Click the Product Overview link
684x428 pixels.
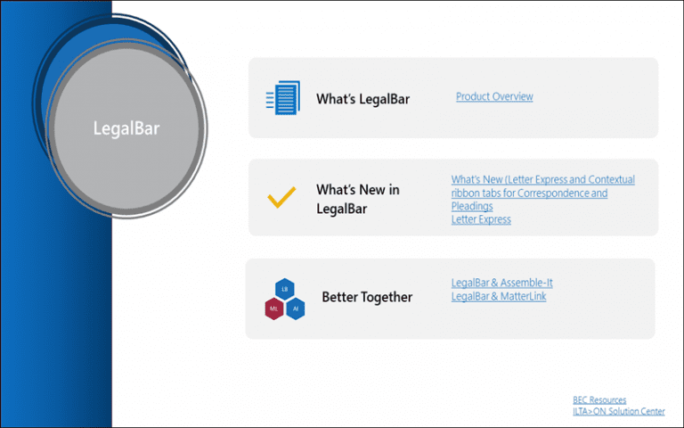coord(494,96)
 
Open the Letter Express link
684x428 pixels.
coord(481,219)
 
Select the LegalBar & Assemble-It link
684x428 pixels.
coord(501,283)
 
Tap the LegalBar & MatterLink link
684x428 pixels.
coord(499,297)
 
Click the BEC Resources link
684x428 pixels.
coord(599,400)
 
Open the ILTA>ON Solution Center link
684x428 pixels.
coord(619,411)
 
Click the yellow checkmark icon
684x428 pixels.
coord(281,197)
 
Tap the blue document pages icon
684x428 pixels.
coord(283,97)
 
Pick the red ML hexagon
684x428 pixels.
coord(274,309)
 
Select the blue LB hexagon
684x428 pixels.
coord(285,289)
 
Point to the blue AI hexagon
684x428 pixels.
coord(296,309)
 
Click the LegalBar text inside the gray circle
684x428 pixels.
coord(126,128)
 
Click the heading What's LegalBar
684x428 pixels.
coord(363,99)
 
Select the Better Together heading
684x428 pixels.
coord(367,297)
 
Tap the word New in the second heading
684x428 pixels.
coord(372,190)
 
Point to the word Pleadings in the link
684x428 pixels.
coord(472,206)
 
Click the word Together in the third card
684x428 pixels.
coord(385,298)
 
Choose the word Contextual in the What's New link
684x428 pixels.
coord(611,179)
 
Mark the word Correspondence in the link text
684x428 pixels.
coord(549,193)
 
